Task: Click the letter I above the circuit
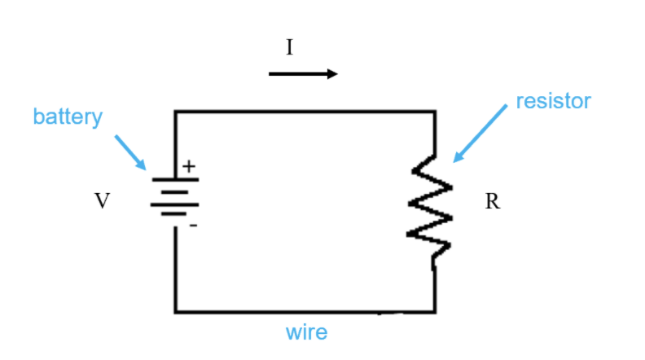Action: [x=289, y=47]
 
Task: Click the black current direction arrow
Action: [x=303, y=74]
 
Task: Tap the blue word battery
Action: [x=68, y=116]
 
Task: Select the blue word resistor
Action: [x=553, y=102]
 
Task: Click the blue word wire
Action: [x=306, y=332]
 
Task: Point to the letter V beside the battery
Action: [x=102, y=201]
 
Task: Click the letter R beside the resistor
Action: [x=492, y=201]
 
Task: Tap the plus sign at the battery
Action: [x=189, y=166]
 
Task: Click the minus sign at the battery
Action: [x=193, y=226]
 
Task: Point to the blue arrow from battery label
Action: [x=129, y=152]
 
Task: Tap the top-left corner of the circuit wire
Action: [x=175, y=112]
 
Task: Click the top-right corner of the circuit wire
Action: [x=434, y=112]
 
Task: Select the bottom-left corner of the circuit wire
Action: [x=175, y=311]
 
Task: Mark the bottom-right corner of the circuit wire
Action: [x=434, y=311]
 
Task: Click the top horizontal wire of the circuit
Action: [x=305, y=112]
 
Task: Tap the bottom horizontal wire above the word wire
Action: [x=305, y=311]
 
